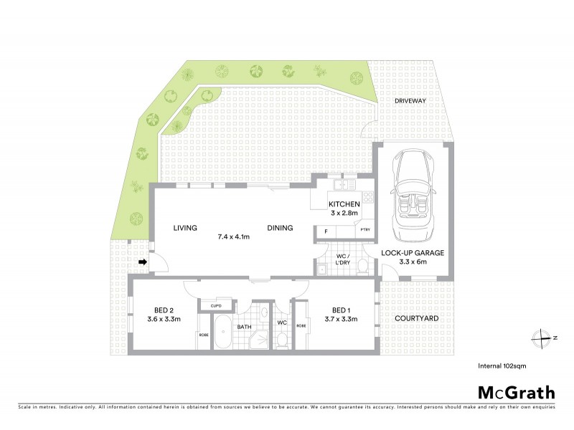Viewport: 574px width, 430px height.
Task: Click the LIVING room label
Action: point(185,228)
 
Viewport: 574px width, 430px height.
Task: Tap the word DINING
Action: point(280,228)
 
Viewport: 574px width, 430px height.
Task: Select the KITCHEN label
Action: point(344,204)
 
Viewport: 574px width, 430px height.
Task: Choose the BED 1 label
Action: point(341,310)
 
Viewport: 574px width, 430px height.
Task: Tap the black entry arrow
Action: point(143,262)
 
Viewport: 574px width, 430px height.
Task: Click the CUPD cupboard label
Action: point(215,306)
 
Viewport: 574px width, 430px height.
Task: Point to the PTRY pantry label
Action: point(364,231)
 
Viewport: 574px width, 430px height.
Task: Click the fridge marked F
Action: point(326,231)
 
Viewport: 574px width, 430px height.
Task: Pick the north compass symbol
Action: point(546,336)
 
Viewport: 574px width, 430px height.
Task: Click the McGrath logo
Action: point(516,392)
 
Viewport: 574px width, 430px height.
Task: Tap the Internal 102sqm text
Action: point(505,365)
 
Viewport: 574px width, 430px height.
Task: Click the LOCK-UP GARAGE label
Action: point(413,253)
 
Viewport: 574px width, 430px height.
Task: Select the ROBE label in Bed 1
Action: point(301,325)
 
